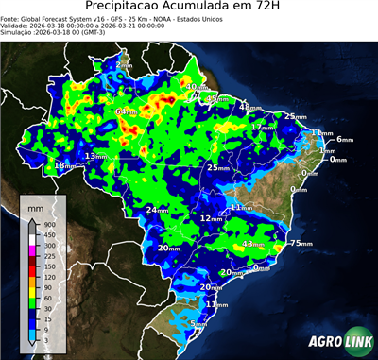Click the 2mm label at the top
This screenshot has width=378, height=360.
tap(124, 61)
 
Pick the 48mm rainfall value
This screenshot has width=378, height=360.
tap(249, 108)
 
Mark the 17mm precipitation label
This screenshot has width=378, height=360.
tap(264, 127)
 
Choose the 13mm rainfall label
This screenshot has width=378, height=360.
tap(95, 156)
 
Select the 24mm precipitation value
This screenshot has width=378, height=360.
tap(157, 211)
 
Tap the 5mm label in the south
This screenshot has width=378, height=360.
tap(198, 324)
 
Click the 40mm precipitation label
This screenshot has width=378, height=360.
tap(197, 88)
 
